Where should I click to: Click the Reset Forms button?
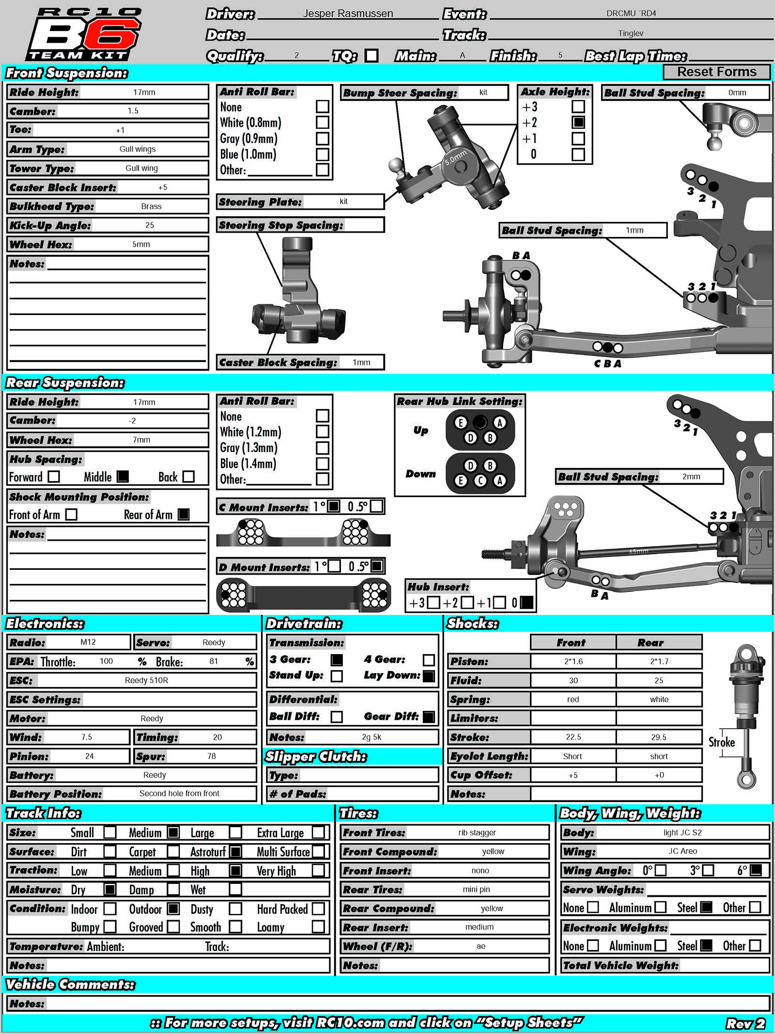coord(716,72)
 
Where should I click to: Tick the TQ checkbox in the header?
coord(372,56)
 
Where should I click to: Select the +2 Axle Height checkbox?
coord(578,122)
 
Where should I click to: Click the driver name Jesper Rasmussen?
coord(348,14)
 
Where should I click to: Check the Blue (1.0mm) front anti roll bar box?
coord(323,155)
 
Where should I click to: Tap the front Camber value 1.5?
coord(133,111)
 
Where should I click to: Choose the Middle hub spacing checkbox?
coord(123,477)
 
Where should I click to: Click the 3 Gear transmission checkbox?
coord(337,660)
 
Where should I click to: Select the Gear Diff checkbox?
coord(429,717)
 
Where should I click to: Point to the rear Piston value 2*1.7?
coord(659,661)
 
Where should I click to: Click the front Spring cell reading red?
coord(573,699)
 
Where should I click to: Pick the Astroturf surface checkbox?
coord(235,851)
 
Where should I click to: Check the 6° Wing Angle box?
coord(756,870)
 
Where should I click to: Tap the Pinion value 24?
coord(89,756)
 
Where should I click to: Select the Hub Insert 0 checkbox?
coord(527,602)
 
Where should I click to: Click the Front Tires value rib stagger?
coord(477,832)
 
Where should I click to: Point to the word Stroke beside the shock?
coord(721,742)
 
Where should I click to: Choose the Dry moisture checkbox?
coord(110,890)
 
